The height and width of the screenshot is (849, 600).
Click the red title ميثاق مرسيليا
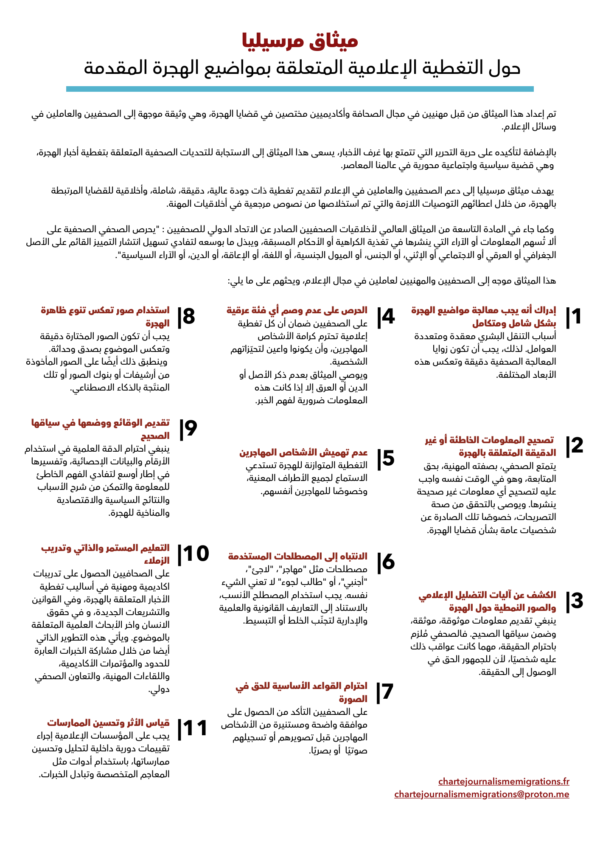(x=300, y=41)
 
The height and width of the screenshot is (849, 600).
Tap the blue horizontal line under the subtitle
(x=300, y=89)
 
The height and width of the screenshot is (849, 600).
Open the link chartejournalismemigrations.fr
(x=504, y=782)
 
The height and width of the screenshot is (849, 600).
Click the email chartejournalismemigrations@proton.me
(x=482, y=794)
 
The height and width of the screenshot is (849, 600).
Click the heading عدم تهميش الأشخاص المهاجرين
(x=303, y=453)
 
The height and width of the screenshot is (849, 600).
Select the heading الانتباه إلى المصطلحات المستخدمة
(x=298, y=556)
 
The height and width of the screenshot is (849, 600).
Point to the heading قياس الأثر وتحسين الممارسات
(x=108, y=722)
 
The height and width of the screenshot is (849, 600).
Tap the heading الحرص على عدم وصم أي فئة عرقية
(x=297, y=310)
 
